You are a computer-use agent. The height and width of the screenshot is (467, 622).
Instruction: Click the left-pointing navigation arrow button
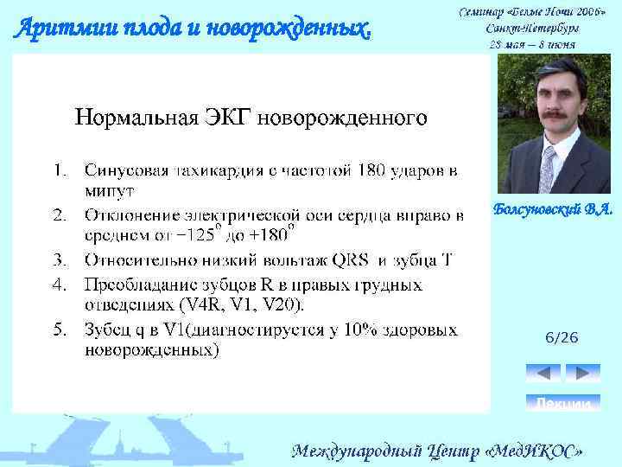coord(543,374)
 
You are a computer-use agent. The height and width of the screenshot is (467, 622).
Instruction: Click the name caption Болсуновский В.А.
coord(553,209)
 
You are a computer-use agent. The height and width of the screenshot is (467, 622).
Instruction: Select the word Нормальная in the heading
coord(137,116)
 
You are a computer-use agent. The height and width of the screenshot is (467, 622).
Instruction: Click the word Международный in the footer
coord(354,451)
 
